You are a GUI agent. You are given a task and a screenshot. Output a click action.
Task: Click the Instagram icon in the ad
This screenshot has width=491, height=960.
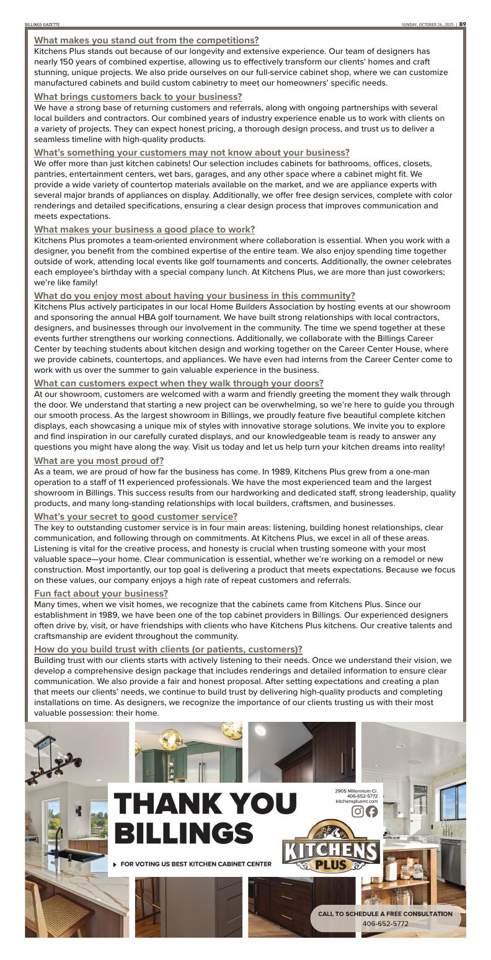[358, 811]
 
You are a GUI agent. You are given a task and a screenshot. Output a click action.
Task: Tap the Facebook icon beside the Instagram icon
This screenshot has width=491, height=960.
[371, 811]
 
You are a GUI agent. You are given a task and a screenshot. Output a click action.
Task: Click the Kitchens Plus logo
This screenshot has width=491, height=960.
[331, 846]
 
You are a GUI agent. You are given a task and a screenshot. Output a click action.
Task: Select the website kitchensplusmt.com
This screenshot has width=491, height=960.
[356, 801]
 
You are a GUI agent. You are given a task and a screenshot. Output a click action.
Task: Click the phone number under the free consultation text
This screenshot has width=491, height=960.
[385, 923]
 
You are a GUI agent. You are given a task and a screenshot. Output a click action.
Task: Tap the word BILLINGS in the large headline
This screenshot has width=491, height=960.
[184, 833]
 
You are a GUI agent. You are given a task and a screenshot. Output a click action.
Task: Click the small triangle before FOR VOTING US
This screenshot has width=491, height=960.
[116, 864]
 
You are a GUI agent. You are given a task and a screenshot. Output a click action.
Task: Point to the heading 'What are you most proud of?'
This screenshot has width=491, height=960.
[99, 461]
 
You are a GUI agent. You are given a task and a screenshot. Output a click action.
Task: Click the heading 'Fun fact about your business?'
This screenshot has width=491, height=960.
[101, 593]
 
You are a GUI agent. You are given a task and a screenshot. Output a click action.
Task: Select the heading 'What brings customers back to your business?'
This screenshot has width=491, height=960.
[138, 97]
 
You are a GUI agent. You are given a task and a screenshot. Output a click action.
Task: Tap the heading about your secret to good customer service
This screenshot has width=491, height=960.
[135, 517]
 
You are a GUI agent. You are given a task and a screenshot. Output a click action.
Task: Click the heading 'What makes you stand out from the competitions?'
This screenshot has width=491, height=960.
[146, 40]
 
